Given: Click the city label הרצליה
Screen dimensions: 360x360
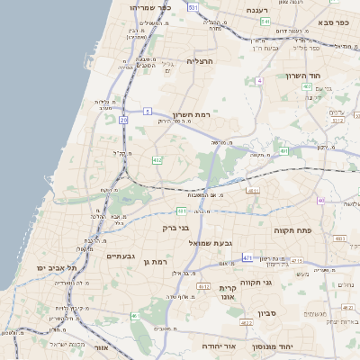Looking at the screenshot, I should click(199, 60).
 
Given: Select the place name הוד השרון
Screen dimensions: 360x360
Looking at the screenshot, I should click(303, 76).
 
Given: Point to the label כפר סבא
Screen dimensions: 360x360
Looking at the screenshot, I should click(330, 18).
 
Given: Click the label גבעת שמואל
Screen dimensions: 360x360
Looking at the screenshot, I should click(186, 243).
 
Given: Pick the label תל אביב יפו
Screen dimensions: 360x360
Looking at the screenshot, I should click(57, 268).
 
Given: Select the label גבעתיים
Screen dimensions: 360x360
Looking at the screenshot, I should click(102, 256).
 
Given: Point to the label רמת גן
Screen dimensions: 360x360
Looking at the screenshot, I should click(157, 262).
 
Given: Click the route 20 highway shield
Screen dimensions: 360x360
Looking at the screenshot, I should click(122, 120).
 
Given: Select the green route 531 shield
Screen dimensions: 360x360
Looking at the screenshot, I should click(192, 6).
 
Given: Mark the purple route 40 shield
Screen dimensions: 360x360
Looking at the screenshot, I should click(320, 200).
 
